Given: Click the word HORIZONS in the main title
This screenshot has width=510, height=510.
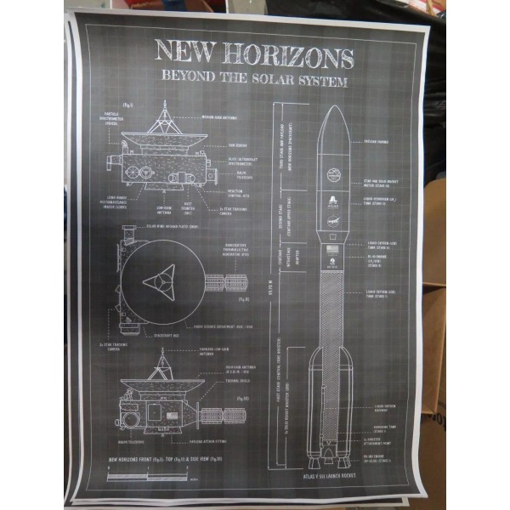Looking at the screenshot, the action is pyautogui.click(x=288, y=57).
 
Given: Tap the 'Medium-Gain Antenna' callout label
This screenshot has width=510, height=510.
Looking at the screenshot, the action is pyautogui.click(x=218, y=116).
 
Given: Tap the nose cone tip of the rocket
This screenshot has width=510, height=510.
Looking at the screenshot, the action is pyautogui.click(x=332, y=108).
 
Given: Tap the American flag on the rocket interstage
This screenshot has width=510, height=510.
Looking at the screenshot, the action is pyautogui.click(x=332, y=249).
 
